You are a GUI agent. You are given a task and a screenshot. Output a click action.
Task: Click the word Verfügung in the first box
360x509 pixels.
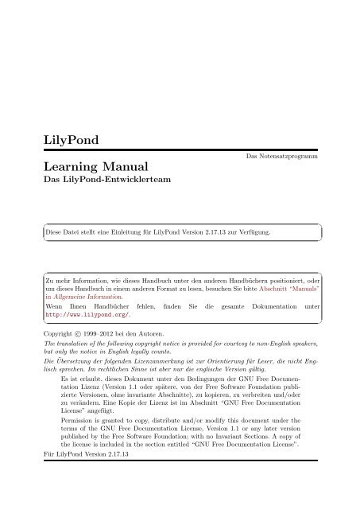(256, 233)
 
